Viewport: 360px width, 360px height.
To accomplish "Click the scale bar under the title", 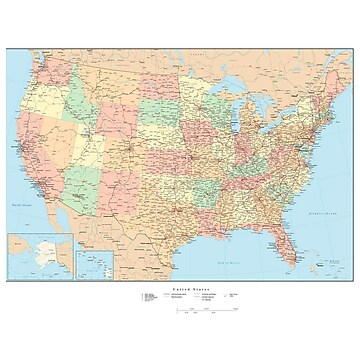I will point(200,310).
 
